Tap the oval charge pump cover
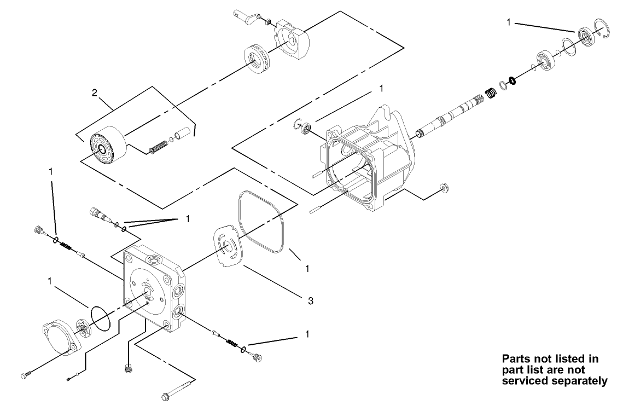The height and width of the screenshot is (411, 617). click(60, 337)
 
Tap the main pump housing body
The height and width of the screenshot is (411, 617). click(366, 164)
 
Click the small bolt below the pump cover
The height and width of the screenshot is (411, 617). click(25, 376)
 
